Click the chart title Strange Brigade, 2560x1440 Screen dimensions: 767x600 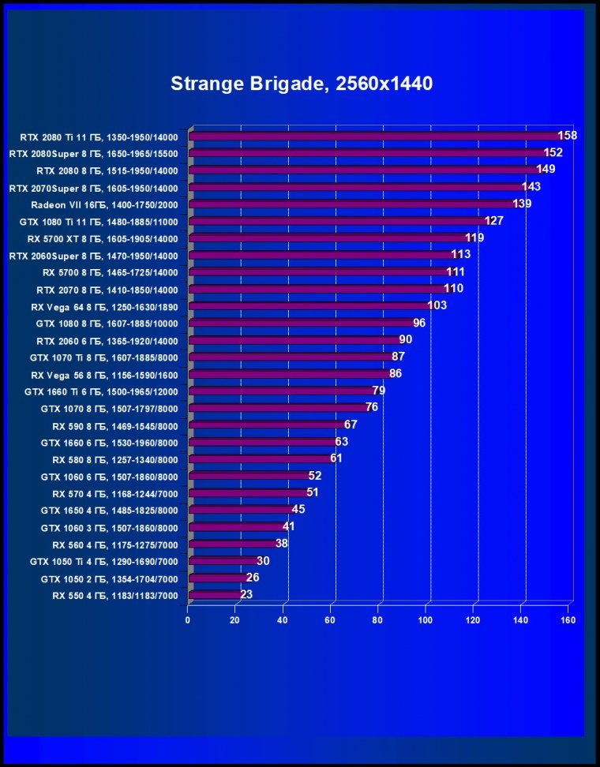point(302,84)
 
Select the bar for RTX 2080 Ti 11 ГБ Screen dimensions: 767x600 point(375,137)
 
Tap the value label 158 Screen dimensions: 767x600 point(567,136)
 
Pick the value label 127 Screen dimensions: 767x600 point(494,221)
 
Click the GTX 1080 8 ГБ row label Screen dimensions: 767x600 point(107,324)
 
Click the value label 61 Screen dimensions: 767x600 point(336,458)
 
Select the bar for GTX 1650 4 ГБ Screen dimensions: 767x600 point(241,510)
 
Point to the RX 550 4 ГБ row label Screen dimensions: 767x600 point(115,596)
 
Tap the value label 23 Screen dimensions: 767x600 point(246,594)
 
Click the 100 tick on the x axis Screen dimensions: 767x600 point(426,620)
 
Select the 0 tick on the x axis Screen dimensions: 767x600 point(188,620)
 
